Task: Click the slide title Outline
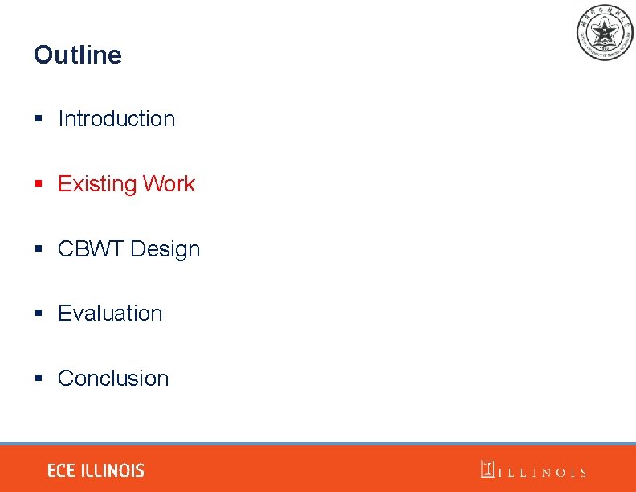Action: pos(78,55)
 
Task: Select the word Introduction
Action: pos(116,119)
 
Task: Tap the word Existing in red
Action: pos(97,184)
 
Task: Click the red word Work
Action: pos(169,184)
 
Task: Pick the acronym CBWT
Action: pos(91,249)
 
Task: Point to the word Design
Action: pos(165,249)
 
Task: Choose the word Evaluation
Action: pos(110,314)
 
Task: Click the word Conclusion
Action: pos(113,379)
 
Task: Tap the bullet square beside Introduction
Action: pos(38,119)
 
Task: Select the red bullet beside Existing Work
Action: pos(38,184)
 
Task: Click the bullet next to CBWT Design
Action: pos(38,249)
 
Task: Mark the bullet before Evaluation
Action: pos(38,314)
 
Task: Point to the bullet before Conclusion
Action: pos(38,379)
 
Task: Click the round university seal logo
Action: pos(605,32)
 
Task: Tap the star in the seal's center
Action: pos(605,31)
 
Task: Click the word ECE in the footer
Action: pos(61,470)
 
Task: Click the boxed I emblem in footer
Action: pos(487,469)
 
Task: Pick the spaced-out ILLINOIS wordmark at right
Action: pos(543,473)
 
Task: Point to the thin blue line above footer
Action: pos(318,444)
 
